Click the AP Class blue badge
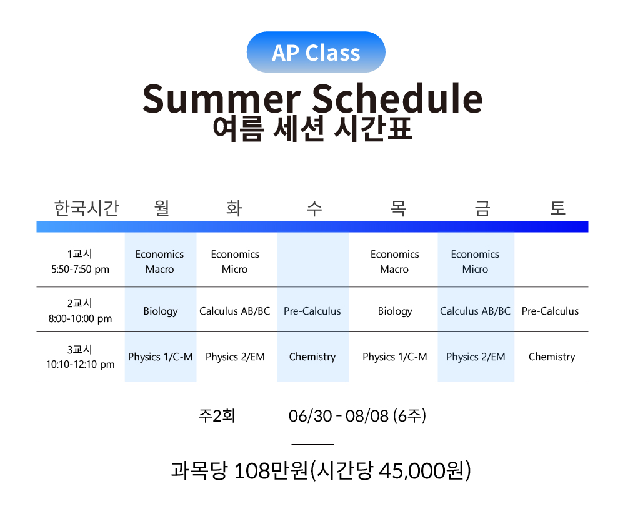(316, 52)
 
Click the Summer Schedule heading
(312, 98)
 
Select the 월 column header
(162, 208)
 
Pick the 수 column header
(314, 208)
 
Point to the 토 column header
(557, 208)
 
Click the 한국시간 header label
(86, 208)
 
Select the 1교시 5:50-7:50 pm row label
(80, 261)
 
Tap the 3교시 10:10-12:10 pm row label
(80, 357)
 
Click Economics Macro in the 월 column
(160, 261)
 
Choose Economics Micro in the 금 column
(475, 261)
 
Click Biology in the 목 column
(395, 311)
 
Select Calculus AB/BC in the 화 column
(235, 311)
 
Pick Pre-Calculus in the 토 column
(550, 311)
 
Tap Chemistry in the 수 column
(312, 357)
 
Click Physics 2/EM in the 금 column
(476, 357)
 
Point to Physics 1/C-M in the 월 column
(160, 357)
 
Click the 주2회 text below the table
(217, 416)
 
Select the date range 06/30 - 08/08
(338, 416)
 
